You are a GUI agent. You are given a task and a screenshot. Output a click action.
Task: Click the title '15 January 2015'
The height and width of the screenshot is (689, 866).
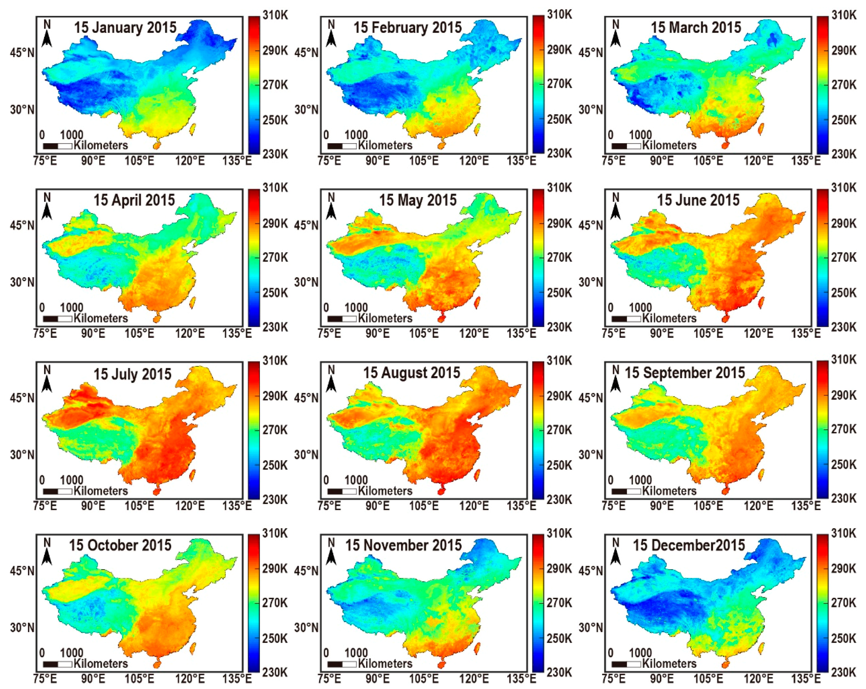pyautogui.click(x=125, y=27)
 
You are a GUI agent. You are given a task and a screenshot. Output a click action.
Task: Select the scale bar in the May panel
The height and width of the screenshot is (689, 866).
pyautogui.click(x=342, y=319)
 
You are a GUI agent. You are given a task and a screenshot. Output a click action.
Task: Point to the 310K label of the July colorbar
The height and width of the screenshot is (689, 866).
pyautogui.click(x=275, y=361)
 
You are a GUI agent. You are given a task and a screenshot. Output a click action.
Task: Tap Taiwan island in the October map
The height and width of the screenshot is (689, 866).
pyautogui.click(x=193, y=647)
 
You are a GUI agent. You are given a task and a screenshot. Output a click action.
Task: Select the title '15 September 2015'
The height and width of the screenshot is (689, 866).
pyautogui.click(x=684, y=373)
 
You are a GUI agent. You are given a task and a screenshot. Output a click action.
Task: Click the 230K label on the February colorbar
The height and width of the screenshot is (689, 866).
pyautogui.click(x=560, y=154)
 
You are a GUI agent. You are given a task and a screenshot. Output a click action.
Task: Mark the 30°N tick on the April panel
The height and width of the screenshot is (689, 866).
pyautogui.click(x=22, y=282)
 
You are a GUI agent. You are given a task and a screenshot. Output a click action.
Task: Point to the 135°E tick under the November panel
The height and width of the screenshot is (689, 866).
pyautogui.click(x=521, y=679)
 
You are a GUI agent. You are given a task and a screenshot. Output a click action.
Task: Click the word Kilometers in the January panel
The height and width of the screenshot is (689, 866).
pyautogui.click(x=101, y=145)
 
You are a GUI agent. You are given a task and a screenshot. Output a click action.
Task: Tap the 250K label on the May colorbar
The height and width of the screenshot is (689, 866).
pyautogui.click(x=560, y=292)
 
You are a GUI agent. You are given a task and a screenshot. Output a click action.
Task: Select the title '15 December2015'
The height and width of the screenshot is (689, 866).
pyautogui.click(x=689, y=545)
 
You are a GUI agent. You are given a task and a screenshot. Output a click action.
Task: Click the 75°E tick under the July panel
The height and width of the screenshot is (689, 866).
pyautogui.click(x=45, y=506)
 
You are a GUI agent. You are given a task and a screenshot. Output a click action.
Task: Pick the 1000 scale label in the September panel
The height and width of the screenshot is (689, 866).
pyautogui.click(x=640, y=480)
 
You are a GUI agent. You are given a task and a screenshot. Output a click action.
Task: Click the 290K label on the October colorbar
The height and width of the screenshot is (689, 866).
pyautogui.click(x=275, y=568)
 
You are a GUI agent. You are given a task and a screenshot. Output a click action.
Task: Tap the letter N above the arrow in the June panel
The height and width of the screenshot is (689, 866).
pyautogui.click(x=615, y=197)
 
